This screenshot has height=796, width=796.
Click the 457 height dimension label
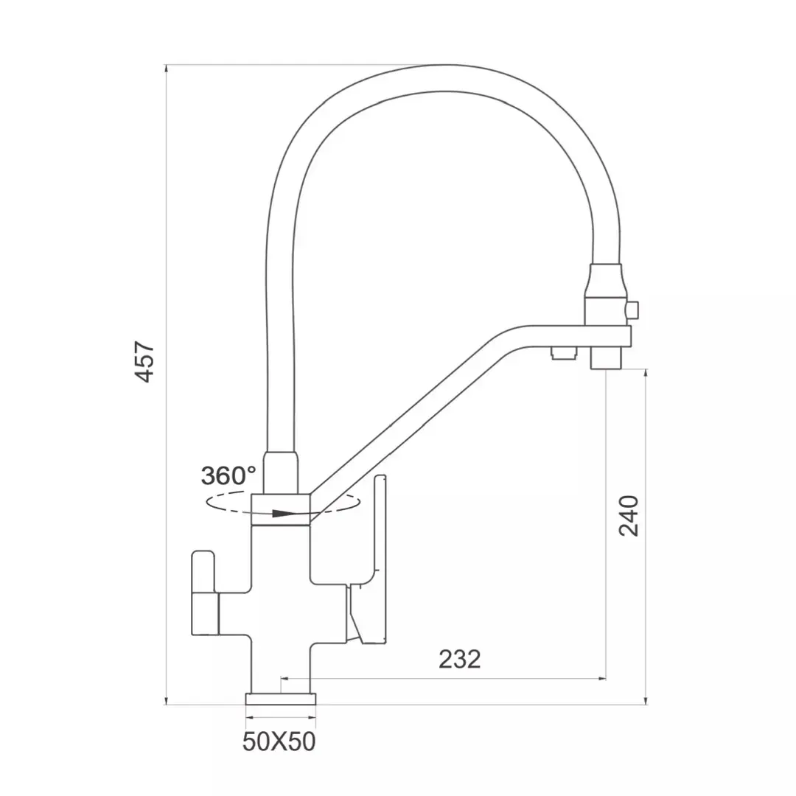click(144, 361)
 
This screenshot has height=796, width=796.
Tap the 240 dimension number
click(629, 516)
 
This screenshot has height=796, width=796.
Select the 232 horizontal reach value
click(459, 660)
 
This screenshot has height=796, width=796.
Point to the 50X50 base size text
click(279, 741)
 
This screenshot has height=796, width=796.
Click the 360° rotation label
click(228, 476)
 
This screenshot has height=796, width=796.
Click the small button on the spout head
click(632, 310)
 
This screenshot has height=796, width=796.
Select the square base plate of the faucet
click(281, 699)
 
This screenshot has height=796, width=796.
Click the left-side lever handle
click(205, 593)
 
